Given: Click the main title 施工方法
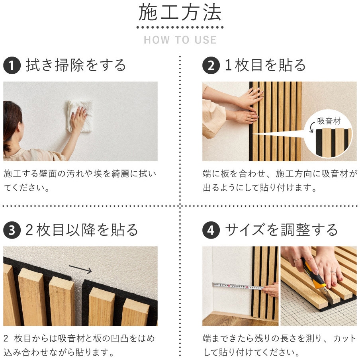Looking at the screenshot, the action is click(x=180, y=12).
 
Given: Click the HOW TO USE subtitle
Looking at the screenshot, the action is click(x=180, y=40).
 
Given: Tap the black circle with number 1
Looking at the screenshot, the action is click(x=12, y=65).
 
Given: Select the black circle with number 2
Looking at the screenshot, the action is click(x=211, y=65).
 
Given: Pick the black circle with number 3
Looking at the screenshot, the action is click(x=12, y=230).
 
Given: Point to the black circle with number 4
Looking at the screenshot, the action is click(x=211, y=230).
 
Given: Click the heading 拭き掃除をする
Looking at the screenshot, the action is click(x=76, y=65).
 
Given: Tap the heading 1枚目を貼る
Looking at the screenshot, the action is click(x=265, y=65).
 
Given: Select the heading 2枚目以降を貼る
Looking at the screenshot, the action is click(x=82, y=230).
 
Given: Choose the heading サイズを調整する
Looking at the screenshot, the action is click(x=282, y=230).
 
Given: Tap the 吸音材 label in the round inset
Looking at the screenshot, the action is click(x=329, y=121).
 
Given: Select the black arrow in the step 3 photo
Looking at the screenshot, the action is click(x=80, y=269).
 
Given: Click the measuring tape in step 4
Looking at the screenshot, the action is click(x=238, y=286).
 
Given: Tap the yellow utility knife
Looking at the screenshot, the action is click(x=315, y=276).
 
